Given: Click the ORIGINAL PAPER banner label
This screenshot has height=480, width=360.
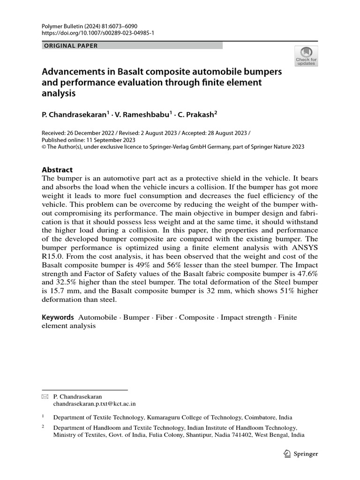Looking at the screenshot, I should tap(70, 45).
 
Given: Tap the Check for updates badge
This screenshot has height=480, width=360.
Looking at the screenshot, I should tap(306, 56).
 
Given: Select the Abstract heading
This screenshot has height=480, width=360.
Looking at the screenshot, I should tap(57, 170).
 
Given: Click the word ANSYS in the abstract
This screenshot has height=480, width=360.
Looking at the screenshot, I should tap(301, 247).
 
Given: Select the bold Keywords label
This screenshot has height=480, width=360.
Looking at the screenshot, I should tap(58, 317).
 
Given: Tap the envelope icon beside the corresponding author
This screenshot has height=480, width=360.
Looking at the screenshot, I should tap(45, 396).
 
